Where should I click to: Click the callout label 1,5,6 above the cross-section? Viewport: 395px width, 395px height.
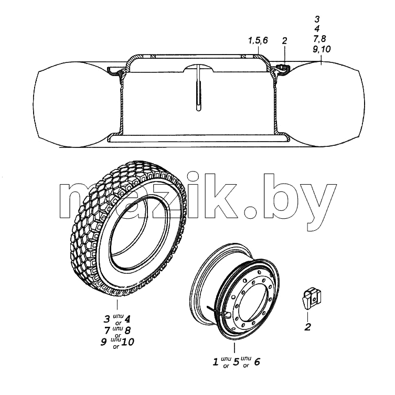coord(258,40)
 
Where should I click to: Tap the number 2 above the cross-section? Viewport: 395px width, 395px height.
coord(284,41)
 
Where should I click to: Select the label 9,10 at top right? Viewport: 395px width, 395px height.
coord(322,49)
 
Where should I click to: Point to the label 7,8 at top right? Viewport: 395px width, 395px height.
coord(319,39)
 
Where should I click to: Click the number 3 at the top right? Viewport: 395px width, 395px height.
coord(317,19)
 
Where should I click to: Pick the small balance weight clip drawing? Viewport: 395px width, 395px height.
coord(312,298)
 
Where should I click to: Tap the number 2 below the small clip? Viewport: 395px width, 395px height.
coord(307,327)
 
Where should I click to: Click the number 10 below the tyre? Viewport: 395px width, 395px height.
coord(127,342)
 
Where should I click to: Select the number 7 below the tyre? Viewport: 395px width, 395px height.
coord(107,330)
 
